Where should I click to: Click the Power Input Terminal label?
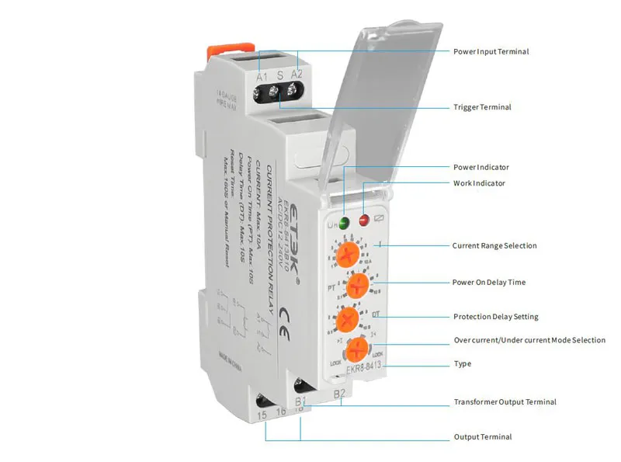coord(491,52)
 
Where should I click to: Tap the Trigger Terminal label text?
coord(482,107)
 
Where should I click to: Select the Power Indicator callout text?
coord(481,168)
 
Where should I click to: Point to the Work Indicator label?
coord(479,184)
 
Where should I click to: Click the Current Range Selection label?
coord(494,246)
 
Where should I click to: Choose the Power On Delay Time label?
coord(489,283)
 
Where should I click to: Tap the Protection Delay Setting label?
coord(495,317)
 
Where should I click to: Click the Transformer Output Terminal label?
coord(505,402)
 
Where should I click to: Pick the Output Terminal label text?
coord(482,437)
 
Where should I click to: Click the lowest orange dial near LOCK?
coord(357,348)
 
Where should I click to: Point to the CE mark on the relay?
coord(284,317)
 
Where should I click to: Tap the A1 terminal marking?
coord(262,76)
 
